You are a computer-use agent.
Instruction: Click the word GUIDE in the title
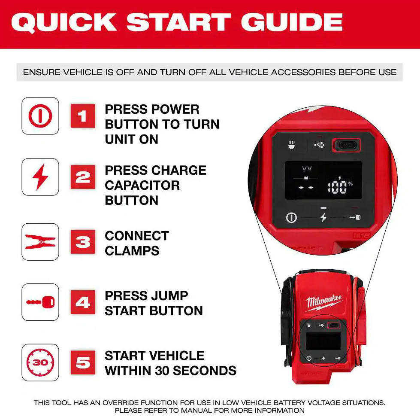292,22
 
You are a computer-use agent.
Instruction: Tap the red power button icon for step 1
40,116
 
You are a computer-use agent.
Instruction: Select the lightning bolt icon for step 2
40,177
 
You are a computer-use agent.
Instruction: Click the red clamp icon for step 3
40,242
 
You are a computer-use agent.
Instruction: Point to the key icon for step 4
40,302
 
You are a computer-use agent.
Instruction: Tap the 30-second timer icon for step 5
40,362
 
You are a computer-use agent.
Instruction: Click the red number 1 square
83,116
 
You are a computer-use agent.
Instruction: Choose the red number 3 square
83,242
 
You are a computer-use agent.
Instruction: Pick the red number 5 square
83,362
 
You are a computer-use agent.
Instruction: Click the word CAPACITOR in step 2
142,186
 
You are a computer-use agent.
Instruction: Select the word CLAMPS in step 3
132,251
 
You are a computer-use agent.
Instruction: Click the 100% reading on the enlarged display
340,187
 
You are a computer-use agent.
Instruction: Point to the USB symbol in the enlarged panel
319,145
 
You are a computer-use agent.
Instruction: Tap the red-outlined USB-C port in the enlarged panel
346,145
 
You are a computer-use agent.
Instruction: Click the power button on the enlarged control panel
291,217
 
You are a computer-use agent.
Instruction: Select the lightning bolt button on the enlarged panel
323,217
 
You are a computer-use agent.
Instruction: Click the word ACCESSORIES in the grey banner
303,72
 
